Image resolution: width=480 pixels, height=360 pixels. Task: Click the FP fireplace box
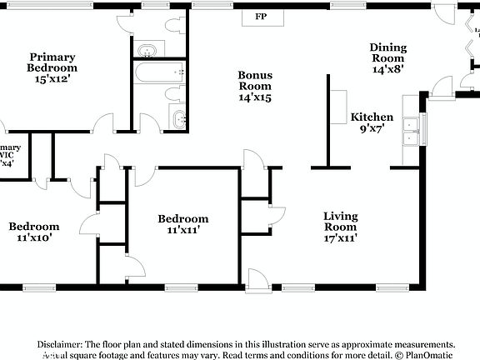[261, 17]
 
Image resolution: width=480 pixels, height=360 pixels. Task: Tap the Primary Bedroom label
[52, 62]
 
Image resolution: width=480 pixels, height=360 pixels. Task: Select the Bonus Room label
[255, 81]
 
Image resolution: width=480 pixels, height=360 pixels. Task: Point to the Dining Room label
[387, 53]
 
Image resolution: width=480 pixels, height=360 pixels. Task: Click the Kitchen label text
[372, 117]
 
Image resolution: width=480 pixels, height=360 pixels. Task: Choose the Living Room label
[340, 222]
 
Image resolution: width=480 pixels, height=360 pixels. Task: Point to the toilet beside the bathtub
[176, 92]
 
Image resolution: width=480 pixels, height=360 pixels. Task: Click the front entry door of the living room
[259, 279]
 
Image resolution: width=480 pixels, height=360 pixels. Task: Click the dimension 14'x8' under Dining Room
[387, 70]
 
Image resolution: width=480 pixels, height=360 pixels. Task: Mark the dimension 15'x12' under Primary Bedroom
[52, 79]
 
